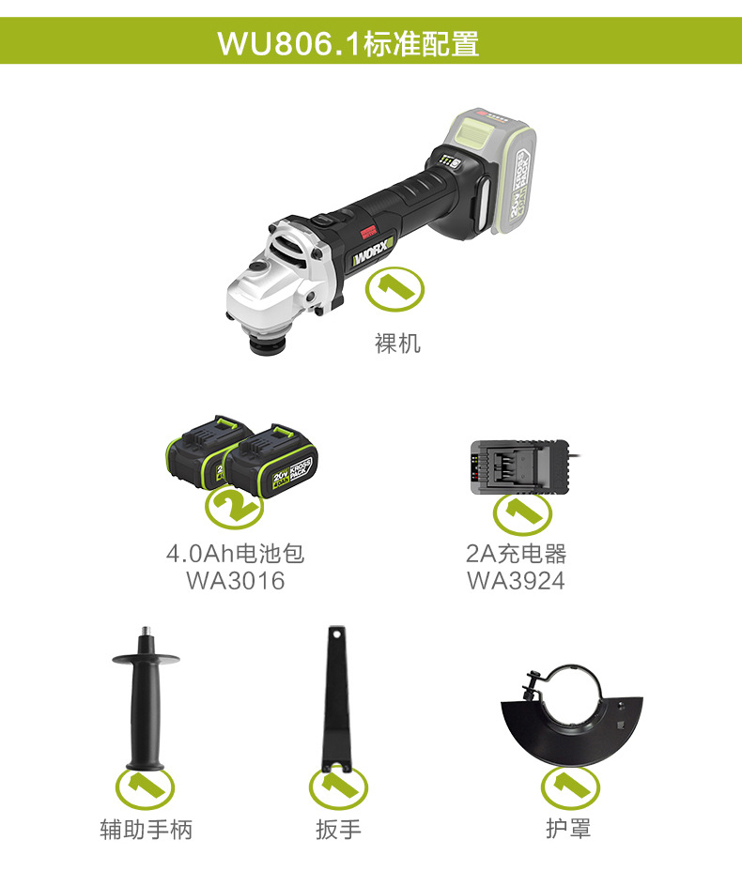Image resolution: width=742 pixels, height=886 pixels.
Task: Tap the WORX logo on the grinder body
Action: pyautogui.click(x=372, y=253)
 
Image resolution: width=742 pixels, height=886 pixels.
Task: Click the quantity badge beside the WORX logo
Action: pyautogui.click(x=394, y=289)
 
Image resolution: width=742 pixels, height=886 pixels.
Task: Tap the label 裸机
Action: pyautogui.click(x=397, y=343)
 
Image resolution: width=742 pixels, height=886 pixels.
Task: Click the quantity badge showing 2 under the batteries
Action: pyautogui.click(x=234, y=506)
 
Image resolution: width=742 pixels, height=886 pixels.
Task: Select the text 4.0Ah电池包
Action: pyautogui.click(x=235, y=553)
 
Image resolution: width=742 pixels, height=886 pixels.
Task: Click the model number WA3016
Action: pyautogui.click(x=235, y=581)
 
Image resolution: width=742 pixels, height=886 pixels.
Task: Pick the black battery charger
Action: pyautogui.click(x=519, y=467)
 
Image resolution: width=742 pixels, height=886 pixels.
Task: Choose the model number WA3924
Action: pyautogui.click(x=516, y=581)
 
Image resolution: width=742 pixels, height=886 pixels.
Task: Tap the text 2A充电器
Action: pyautogui.click(x=516, y=553)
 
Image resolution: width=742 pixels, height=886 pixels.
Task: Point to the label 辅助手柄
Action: pyautogui.click(x=147, y=830)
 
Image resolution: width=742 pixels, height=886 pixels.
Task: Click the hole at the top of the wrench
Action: pyautogui.click(x=337, y=634)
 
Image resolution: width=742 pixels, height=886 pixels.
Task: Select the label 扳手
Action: pyautogui.click(x=338, y=830)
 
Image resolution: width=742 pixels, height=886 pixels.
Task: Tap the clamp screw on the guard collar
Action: pyautogui.click(x=533, y=684)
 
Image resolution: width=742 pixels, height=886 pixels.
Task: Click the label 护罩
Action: pyautogui.click(x=568, y=830)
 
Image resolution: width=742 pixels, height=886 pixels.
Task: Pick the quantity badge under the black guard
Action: pyautogui.click(x=570, y=787)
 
